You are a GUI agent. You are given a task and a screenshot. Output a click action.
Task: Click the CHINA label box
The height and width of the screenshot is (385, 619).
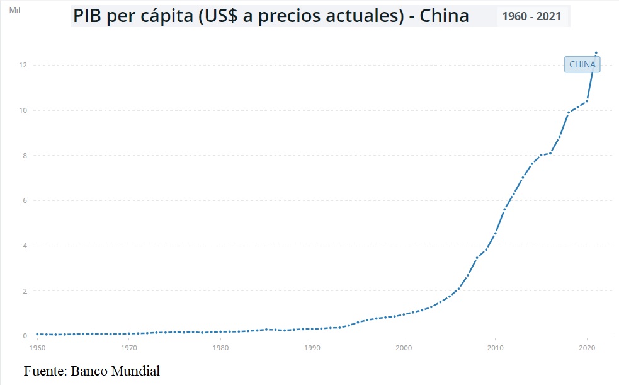tap(582, 64)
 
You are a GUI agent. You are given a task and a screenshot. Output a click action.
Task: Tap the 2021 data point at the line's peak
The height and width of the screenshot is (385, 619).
tap(596, 52)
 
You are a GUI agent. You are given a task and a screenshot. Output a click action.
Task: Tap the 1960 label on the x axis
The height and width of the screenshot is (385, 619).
tap(37, 347)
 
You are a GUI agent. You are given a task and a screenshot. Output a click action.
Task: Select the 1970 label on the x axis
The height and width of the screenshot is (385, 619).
tap(128, 347)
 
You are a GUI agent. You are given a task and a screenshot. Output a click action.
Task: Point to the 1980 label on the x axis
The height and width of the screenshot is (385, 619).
tap(220, 347)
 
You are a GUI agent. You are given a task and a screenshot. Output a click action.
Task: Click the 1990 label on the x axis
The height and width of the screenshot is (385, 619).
tap(312, 347)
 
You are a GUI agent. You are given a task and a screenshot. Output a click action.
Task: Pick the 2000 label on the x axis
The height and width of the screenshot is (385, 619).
tap(404, 347)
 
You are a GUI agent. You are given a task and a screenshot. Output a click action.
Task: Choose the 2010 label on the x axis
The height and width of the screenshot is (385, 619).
tap(496, 347)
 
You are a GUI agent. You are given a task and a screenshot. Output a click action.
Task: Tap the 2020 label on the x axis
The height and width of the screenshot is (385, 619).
tap(587, 347)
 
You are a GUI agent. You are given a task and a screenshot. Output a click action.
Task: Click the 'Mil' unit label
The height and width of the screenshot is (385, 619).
tap(14, 11)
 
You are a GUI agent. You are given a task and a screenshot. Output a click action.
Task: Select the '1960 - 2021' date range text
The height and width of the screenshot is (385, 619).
tap(532, 16)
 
